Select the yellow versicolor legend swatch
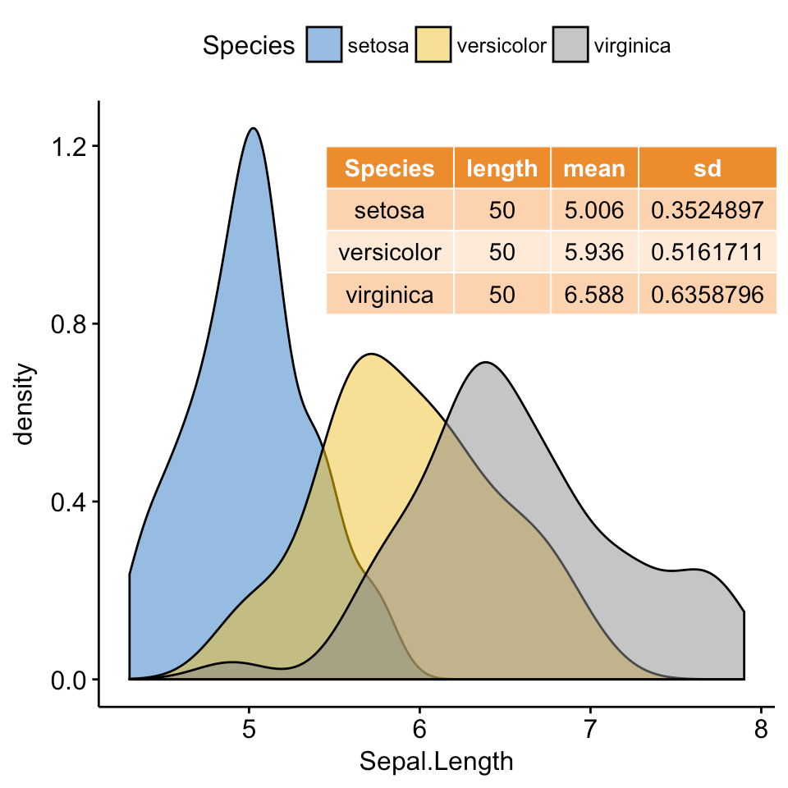pyautogui.click(x=433, y=45)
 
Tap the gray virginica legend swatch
pyautogui.click(x=570, y=45)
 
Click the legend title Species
pyautogui.click(x=249, y=46)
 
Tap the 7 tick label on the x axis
pyautogui.click(x=590, y=730)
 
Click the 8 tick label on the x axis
pyautogui.click(x=761, y=730)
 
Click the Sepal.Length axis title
pyautogui.click(x=437, y=763)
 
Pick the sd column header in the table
pyautogui.click(x=707, y=168)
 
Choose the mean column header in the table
pyautogui.click(x=594, y=168)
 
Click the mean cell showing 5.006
pyautogui.click(x=594, y=211)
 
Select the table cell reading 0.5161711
pyautogui.click(x=707, y=253)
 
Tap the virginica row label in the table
pyautogui.click(x=390, y=295)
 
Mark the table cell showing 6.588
pyautogui.click(x=594, y=295)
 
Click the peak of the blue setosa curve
pyautogui.click(x=253, y=128)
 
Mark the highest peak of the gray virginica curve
pyautogui.click(x=487, y=362)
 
